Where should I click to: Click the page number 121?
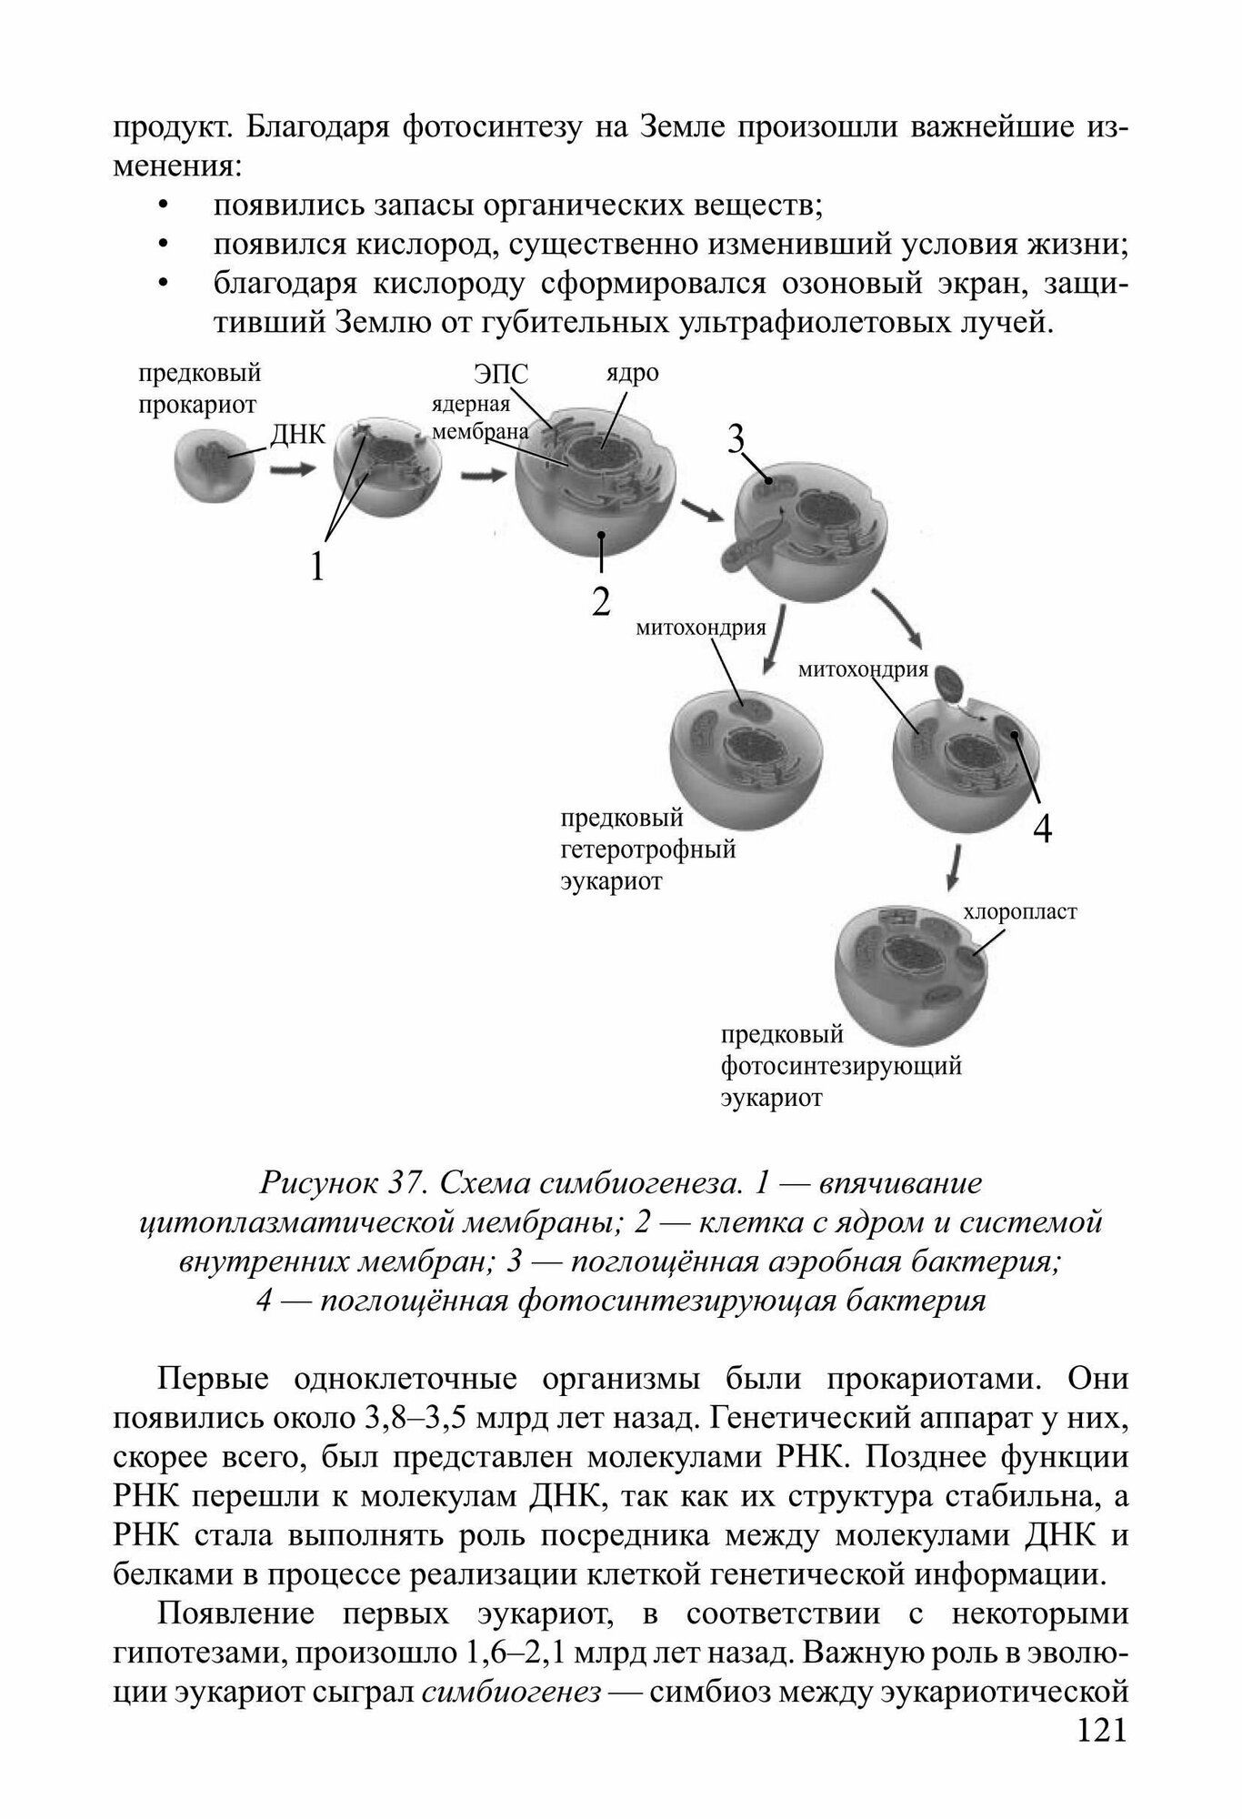[x=1101, y=1755]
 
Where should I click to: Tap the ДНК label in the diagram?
[x=298, y=434]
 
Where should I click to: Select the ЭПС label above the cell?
[x=500, y=375]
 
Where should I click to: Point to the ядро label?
[x=632, y=373]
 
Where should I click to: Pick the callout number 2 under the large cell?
[x=600, y=602]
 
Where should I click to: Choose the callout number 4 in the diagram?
[x=1043, y=829]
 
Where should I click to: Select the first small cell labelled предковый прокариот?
[x=209, y=465]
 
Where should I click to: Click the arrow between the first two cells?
[x=292, y=471]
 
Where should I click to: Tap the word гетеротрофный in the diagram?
[x=647, y=850]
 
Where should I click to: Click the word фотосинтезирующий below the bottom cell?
[x=841, y=1065]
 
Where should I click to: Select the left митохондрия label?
[x=700, y=627]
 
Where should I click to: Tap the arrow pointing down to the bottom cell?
[x=952, y=868]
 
